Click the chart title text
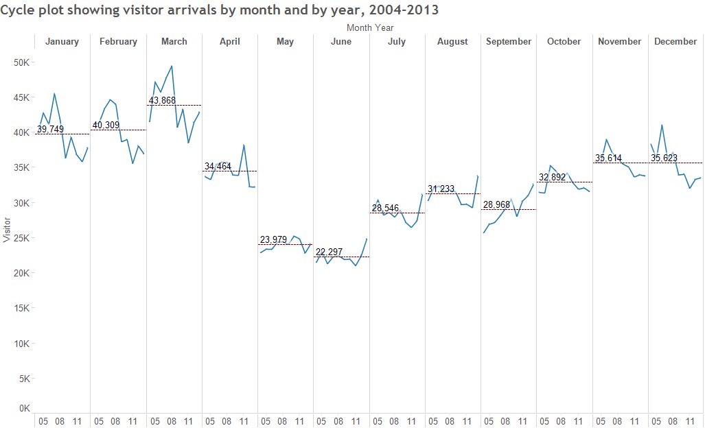(220, 10)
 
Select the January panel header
(62, 42)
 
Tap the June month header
(341, 42)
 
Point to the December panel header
(675, 42)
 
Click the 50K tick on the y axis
(22, 62)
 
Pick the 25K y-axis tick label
(22, 238)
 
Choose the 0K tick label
(24, 409)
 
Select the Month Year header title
(370, 27)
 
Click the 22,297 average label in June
(329, 252)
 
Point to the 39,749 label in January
(51, 129)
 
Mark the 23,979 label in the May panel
(273, 239)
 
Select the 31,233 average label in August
(441, 189)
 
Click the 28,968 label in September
(496, 204)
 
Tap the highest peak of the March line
(171, 67)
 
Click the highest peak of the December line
(662, 125)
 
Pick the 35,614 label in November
(608, 158)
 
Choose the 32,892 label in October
(553, 177)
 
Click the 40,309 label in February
(106, 125)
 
